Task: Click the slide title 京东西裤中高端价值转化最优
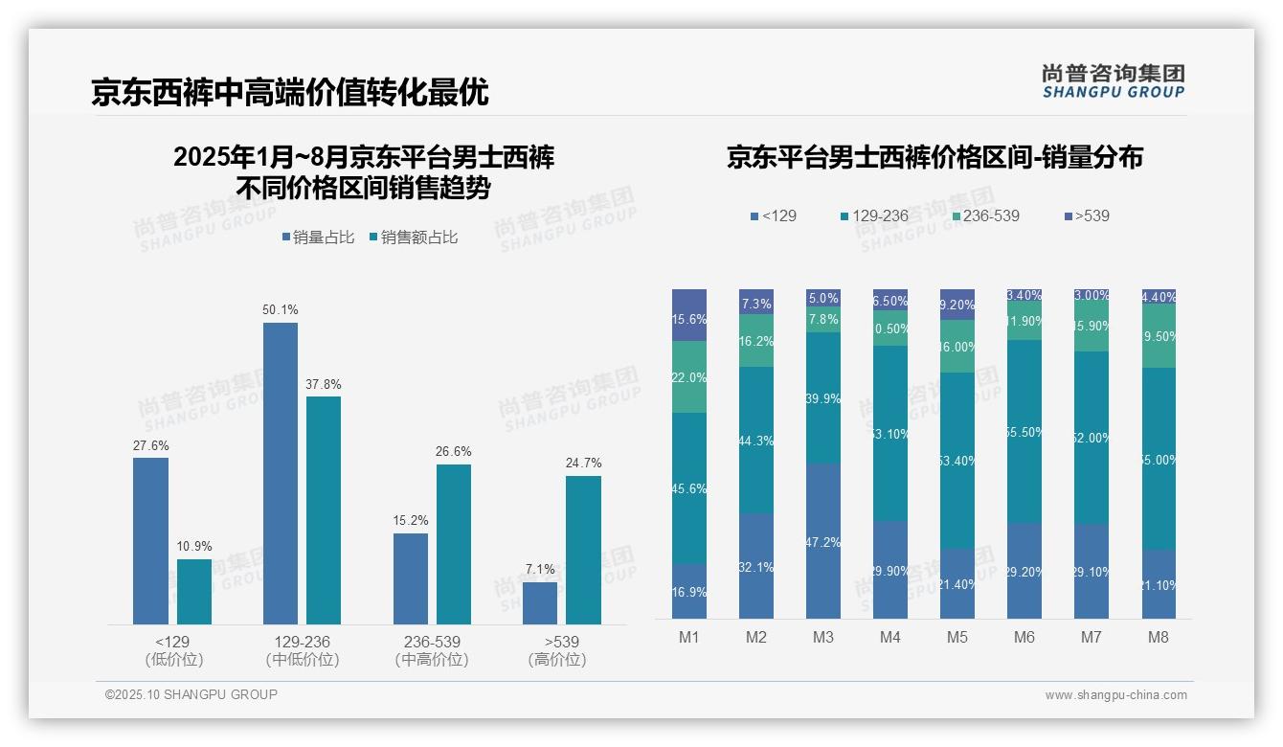click(289, 92)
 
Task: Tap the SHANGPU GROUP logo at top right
click(1113, 81)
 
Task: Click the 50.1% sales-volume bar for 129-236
click(280, 473)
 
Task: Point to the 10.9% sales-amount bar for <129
click(194, 592)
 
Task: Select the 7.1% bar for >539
click(540, 603)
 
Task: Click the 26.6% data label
click(453, 452)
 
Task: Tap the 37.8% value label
click(323, 384)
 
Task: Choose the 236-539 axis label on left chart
click(431, 642)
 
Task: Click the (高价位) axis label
click(556, 660)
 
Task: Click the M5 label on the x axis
click(957, 637)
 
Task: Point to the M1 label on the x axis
click(689, 637)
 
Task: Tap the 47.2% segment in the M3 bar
click(823, 542)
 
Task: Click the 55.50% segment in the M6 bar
click(1024, 431)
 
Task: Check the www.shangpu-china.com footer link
click(1115, 695)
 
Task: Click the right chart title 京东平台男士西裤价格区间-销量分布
click(934, 157)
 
